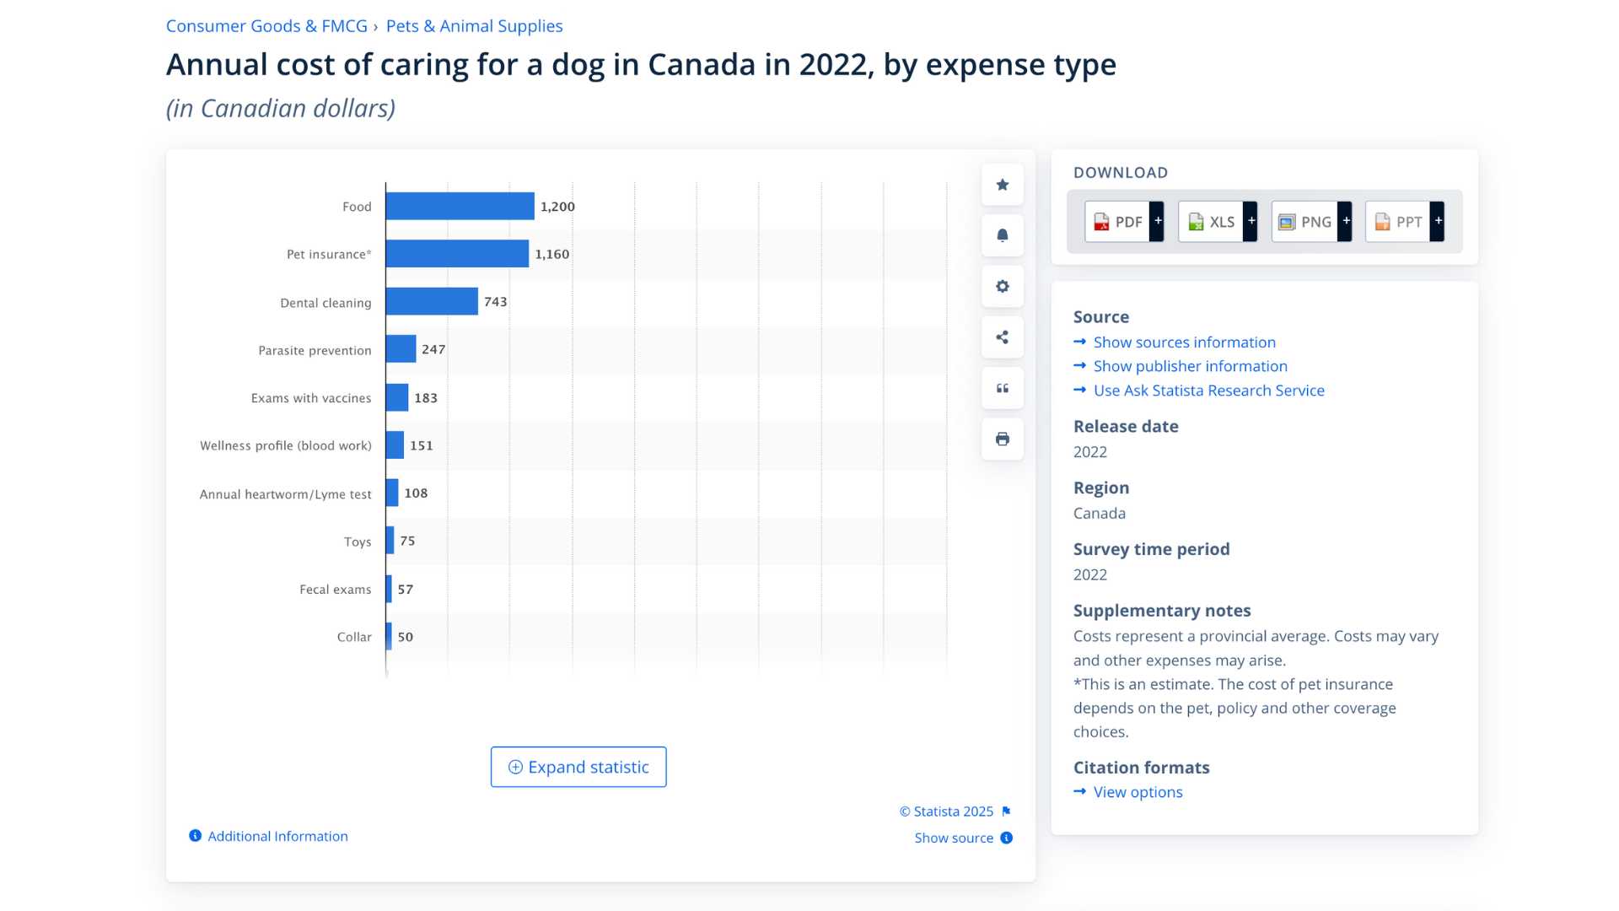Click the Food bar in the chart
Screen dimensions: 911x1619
point(460,206)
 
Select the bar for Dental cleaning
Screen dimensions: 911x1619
point(432,301)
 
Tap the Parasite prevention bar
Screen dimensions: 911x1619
point(401,348)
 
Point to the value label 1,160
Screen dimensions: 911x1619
point(552,254)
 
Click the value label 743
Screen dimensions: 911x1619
point(496,301)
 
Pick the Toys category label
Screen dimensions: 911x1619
point(358,542)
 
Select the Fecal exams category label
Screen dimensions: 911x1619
point(336,589)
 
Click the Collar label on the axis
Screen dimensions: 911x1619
point(354,637)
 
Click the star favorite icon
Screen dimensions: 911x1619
point(1003,185)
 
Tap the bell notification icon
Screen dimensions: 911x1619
point(1003,235)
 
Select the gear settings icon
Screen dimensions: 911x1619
point(1003,286)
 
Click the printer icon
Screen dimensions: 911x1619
point(1003,439)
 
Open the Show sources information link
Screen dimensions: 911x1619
point(1184,342)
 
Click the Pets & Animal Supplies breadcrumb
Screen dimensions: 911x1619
point(474,26)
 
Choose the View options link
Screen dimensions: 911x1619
point(1138,792)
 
